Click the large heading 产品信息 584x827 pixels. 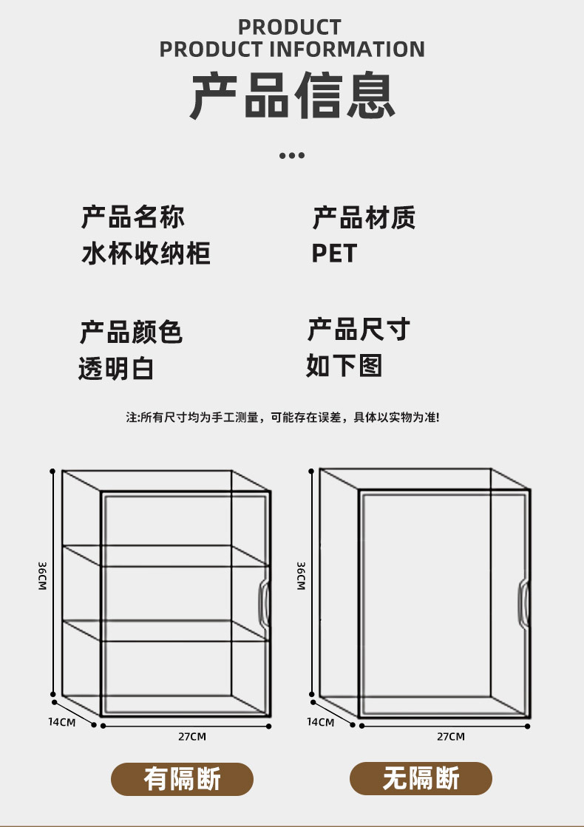click(x=292, y=97)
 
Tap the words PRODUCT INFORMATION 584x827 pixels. click(x=292, y=50)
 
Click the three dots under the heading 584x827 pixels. click(x=292, y=155)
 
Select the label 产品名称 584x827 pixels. click(x=133, y=217)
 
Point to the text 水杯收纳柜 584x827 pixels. click(x=146, y=253)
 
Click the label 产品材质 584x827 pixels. click(x=364, y=217)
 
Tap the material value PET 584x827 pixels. click(x=334, y=253)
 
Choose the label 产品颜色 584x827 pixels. click(x=131, y=332)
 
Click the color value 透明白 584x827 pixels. click(x=116, y=368)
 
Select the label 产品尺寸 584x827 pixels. click(x=359, y=330)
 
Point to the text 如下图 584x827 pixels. click(x=344, y=365)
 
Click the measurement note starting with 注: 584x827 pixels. click(x=282, y=418)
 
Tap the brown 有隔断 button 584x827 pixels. click(x=182, y=779)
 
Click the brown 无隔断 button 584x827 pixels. click(x=421, y=778)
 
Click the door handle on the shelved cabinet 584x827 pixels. click(x=262, y=605)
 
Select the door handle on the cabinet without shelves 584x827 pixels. click(x=523, y=604)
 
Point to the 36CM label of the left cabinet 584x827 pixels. click(x=43, y=576)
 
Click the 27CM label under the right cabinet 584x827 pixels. click(x=451, y=736)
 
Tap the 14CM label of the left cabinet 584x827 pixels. click(x=62, y=721)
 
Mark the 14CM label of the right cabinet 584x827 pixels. click(x=320, y=721)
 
